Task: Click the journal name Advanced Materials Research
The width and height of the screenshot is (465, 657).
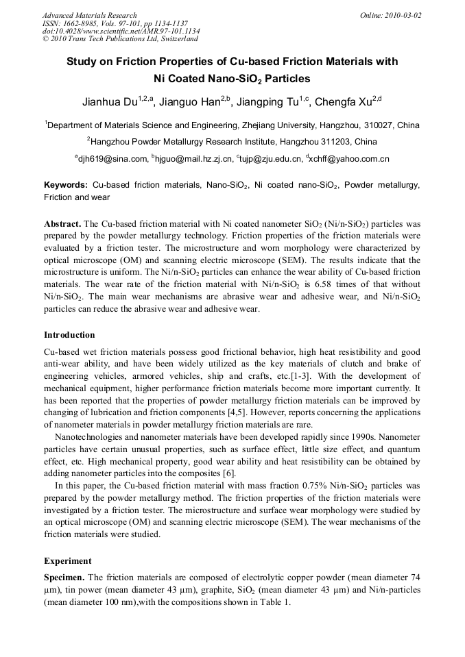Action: click(x=89, y=15)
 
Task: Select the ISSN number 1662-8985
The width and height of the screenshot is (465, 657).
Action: click(x=81, y=23)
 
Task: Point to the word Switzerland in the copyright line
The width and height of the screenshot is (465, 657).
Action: click(x=167, y=40)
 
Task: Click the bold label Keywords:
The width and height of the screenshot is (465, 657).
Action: click(x=66, y=186)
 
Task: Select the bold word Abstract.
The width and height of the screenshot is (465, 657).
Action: click(x=62, y=225)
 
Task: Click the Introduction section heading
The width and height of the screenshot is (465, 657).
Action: click(x=69, y=335)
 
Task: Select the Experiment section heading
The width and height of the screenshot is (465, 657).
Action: click(x=67, y=560)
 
